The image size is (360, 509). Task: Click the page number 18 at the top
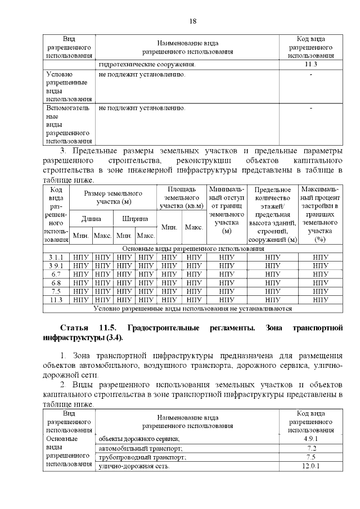pyautogui.click(x=192, y=21)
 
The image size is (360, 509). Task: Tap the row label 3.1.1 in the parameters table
pyautogui.click(x=56, y=257)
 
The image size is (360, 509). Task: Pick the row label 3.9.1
pyautogui.click(x=56, y=265)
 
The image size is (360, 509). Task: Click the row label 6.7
pyautogui.click(x=56, y=274)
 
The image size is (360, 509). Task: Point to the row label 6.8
pyautogui.click(x=56, y=282)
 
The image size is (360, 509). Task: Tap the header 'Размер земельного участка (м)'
pyautogui.click(x=113, y=197)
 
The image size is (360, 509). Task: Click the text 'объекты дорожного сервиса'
pyautogui.click(x=139, y=438)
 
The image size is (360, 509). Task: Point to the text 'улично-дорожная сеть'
pyautogui.click(x=134, y=466)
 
